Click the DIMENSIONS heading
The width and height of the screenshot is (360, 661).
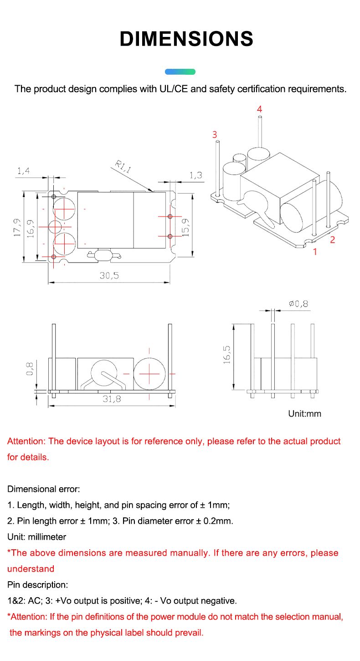coord(186,39)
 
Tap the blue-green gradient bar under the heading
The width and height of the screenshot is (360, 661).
coord(180,72)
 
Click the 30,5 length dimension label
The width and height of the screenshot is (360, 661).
coord(109,275)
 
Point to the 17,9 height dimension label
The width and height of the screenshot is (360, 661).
coord(17,227)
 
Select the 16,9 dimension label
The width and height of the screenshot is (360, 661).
coord(31,227)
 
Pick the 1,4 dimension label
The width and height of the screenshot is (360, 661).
coord(23,171)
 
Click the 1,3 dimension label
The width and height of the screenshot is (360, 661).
coord(195,175)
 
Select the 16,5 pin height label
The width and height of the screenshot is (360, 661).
coord(227,354)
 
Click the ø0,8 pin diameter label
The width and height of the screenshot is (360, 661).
coord(299,304)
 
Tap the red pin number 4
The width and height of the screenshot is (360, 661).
coord(259,109)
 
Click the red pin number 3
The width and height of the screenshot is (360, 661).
coord(215,134)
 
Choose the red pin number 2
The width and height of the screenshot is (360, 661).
coord(332,240)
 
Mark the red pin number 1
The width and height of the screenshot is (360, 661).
coord(314,251)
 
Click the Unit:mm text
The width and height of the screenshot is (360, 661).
coord(304,413)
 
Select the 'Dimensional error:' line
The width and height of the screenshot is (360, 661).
coord(44,489)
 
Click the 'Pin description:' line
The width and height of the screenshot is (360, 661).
coord(38,584)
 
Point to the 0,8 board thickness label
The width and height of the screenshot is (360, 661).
coord(29,368)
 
